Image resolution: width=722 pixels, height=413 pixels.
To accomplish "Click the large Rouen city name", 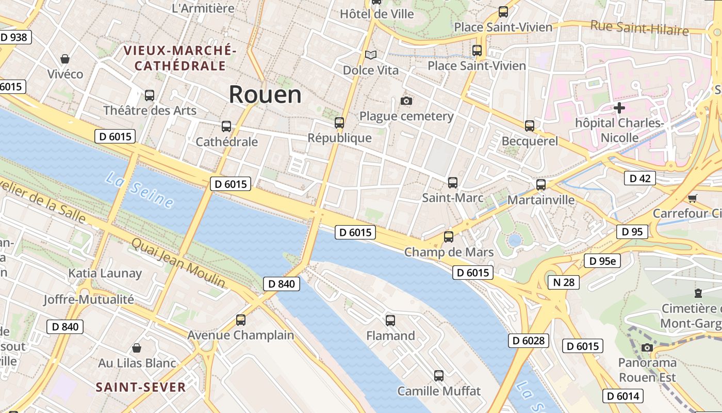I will tap(265, 94).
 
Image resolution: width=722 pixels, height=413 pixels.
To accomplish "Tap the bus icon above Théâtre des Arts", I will tap(150, 96).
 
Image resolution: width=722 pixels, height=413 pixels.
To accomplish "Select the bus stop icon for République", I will tap(339, 123).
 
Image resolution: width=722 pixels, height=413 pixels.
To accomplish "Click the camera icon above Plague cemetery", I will tap(406, 101).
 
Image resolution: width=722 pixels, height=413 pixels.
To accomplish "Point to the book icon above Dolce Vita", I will tap(371, 55).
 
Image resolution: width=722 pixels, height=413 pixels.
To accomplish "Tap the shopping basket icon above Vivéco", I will tap(65, 59).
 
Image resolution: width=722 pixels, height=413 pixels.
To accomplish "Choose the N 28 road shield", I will tap(563, 282).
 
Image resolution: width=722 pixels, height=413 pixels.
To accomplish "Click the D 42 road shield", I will tap(640, 178).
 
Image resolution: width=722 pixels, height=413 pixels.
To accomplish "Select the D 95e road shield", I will tap(602, 261).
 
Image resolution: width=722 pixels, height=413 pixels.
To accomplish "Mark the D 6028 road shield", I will tap(529, 340).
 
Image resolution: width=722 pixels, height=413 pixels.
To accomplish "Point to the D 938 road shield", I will tap(14, 37).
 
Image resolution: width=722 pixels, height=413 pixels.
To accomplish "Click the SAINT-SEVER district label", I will tap(141, 387).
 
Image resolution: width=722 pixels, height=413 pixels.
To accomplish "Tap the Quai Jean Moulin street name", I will tap(178, 263).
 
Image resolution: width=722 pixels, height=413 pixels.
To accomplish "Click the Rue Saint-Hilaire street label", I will tap(639, 27).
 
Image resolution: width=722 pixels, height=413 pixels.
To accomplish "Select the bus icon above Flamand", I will tap(390, 321).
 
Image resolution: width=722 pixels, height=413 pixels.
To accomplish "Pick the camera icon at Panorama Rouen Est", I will tap(647, 348).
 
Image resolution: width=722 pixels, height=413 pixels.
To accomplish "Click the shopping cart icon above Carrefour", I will tap(692, 198).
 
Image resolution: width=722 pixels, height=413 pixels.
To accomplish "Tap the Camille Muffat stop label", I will tap(439, 391).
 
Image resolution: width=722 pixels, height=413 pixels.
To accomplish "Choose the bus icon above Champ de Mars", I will tap(449, 237).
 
